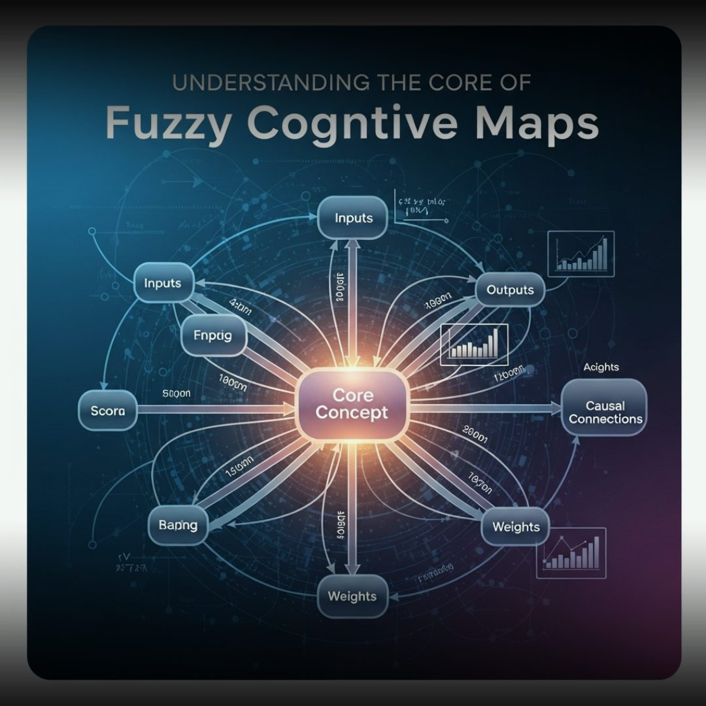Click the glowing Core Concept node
(x=352, y=404)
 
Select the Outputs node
(x=510, y=290)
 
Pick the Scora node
(x=108, y=411)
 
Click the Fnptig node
(x=213, y=335)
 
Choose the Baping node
(x=178, y=525)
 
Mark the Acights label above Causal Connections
(x=601, y=367)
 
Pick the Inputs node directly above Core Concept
(x=353, y=217)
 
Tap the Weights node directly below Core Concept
(x=352, y=596)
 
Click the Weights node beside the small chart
(x=516, y=526)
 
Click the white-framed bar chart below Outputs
(x=475, y=344)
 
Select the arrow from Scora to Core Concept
(x=216, y=410)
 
